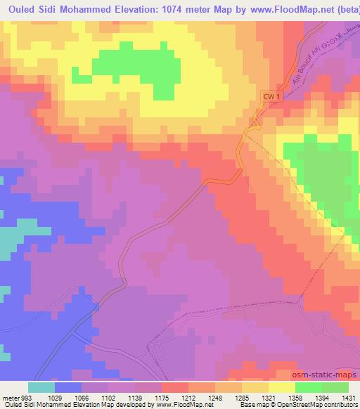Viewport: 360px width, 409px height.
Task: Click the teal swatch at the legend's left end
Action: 41,387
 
